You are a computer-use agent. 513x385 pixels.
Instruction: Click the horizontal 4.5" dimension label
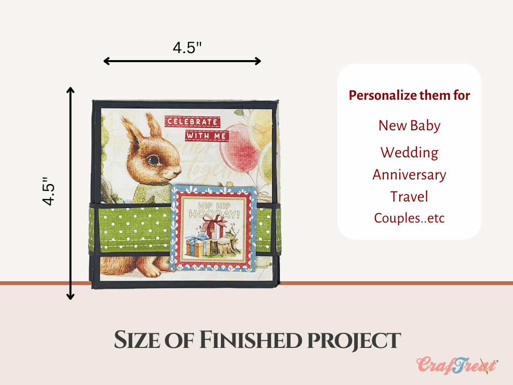187,48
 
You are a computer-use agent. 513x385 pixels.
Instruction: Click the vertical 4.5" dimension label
49,191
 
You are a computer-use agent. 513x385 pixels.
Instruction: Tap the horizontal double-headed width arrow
182,61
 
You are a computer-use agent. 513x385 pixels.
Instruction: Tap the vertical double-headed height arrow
70,194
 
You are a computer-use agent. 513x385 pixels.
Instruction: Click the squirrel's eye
153,160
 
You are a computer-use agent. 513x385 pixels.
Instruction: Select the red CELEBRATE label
192,121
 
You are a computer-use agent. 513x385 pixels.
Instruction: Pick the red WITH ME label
206,135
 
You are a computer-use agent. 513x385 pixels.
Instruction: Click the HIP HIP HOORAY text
214,210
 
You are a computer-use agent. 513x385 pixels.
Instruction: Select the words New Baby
409,126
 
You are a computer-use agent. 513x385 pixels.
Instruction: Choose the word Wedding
409,152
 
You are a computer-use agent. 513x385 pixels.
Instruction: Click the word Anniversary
409,175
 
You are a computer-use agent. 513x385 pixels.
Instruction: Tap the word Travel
409,197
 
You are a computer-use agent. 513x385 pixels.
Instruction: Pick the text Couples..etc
409,218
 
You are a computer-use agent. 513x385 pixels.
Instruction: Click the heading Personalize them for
409,95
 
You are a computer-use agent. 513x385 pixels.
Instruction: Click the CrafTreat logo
457,365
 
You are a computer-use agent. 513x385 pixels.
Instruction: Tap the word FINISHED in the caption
250,340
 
